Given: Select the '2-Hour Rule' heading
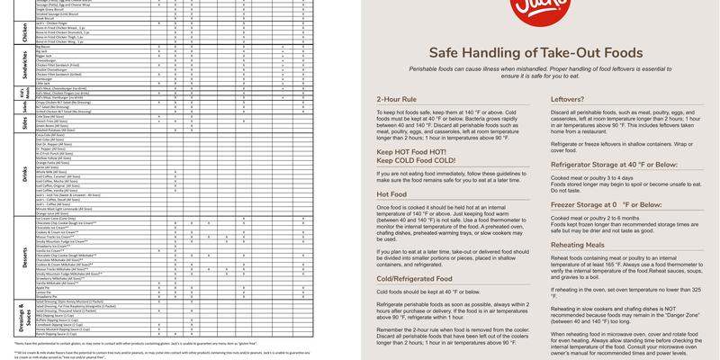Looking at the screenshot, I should (396, 98).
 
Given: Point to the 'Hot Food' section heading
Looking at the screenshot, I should (392, 193).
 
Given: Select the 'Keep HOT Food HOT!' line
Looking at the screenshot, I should (410, 152).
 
